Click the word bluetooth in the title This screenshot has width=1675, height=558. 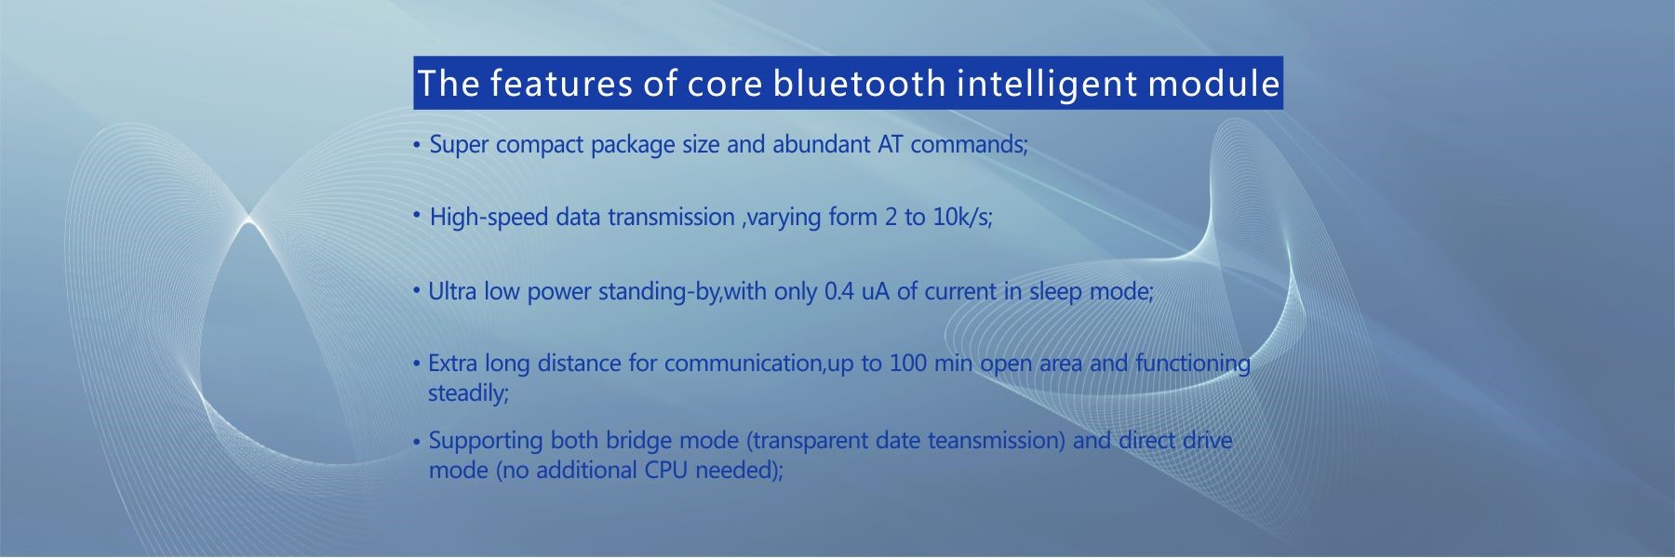[x=859, y=84]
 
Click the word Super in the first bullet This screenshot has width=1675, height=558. [x=459, y=146]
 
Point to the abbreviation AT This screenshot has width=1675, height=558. [x=891, y=144]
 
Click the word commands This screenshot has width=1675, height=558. [x=969, y=145]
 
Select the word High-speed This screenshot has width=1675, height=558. [x=489, y=218]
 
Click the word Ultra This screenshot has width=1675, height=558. [x=451, y=291]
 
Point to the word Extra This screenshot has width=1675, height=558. [x=452, y=363]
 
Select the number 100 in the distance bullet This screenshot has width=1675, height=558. [x=908, y=363]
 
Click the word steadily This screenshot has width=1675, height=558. [x=468, y=393]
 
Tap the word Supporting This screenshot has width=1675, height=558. [x=486, y=441]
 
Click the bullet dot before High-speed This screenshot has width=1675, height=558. [x=417, y=215]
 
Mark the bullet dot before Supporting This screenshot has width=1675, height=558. [x=417, y=442]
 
